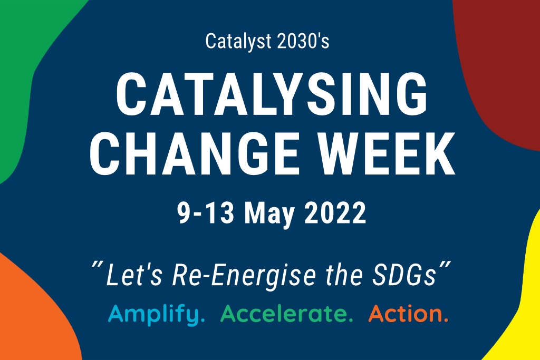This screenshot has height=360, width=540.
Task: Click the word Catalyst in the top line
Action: click(238, 42)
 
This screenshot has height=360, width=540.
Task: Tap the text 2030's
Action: click(303, 41)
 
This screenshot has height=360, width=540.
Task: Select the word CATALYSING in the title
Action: click(272, 94)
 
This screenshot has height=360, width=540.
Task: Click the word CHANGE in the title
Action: click(194, 153)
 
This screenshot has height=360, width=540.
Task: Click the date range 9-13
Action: click(206, 213)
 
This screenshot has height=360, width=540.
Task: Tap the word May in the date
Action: click(269, 215)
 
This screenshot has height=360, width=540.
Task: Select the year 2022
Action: click(335, 213)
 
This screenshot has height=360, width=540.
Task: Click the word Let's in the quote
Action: click(134, 274)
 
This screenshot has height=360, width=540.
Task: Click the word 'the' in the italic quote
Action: click(344, 274)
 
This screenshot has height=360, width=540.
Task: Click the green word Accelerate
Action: click(286, 314)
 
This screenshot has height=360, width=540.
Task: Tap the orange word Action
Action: click(408, 314)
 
